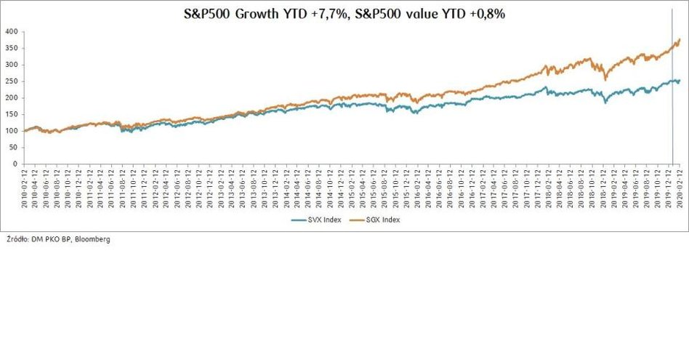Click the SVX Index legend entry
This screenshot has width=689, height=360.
point(316,219)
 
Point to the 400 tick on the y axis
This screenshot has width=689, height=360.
point(11,31)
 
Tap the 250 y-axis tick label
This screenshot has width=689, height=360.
point(11,81)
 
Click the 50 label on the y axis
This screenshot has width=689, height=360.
point(13,148)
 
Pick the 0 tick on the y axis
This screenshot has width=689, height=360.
point(15,164)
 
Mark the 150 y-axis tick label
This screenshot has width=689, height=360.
point(11,114)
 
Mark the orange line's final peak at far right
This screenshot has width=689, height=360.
point(679,39)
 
